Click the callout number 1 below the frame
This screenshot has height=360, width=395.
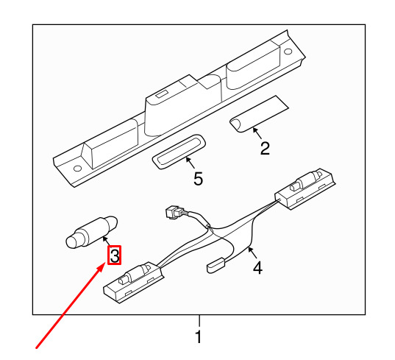pos(199,336)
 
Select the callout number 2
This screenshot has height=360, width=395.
pos(265,148)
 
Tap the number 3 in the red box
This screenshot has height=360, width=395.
pos(115,255)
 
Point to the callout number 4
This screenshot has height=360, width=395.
pos(257,267)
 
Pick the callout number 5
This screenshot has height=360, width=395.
pos(198,178)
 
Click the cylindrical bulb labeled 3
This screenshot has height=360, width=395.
pos(92,233)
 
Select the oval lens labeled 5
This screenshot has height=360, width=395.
pos(179,152)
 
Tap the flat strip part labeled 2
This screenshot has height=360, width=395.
pos(259,114)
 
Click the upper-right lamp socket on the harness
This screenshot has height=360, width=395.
pos(305,188)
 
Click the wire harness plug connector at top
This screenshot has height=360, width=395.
pos(174,213)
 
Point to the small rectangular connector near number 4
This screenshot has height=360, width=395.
pos(216,265)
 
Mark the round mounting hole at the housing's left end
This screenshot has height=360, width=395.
pos(77,168)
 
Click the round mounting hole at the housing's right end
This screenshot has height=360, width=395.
pos(288,52)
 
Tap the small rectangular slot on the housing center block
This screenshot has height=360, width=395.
pos(161,93)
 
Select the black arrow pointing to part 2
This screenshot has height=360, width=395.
pos(257,133)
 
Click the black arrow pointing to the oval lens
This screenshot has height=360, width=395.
pos(190,163)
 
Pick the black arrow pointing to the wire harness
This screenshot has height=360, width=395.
pos(252,253)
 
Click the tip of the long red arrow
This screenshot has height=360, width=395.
pos(105,263)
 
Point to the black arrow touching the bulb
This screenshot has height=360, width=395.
pos(107,240)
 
